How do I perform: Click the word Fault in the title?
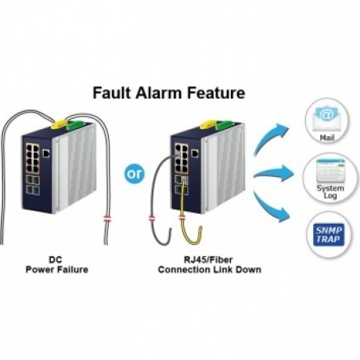point(111,93)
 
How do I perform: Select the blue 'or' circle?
point(135,174)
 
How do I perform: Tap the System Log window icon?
point(330,171)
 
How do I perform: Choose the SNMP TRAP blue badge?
point(329,235)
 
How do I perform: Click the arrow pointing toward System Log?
point(274,174)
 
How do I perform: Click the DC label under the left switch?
point(56,260)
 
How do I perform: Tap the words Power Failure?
point(57,269)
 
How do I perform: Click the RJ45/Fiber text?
point(208,260)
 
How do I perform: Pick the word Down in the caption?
point(249,269)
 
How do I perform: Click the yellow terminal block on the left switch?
point(59,124)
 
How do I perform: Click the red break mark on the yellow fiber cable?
point(182,218)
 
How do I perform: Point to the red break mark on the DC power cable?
point(107,218)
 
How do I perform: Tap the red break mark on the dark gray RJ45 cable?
point(152,218)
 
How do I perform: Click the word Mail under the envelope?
point(327,138)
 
